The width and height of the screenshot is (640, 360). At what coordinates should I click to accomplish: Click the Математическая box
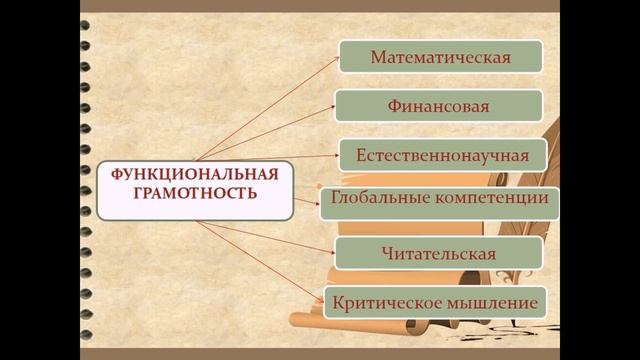point(440,56)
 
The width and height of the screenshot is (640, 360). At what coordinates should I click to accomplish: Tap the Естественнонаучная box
point(440,155)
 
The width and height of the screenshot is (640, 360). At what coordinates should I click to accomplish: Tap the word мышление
point(490,301)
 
